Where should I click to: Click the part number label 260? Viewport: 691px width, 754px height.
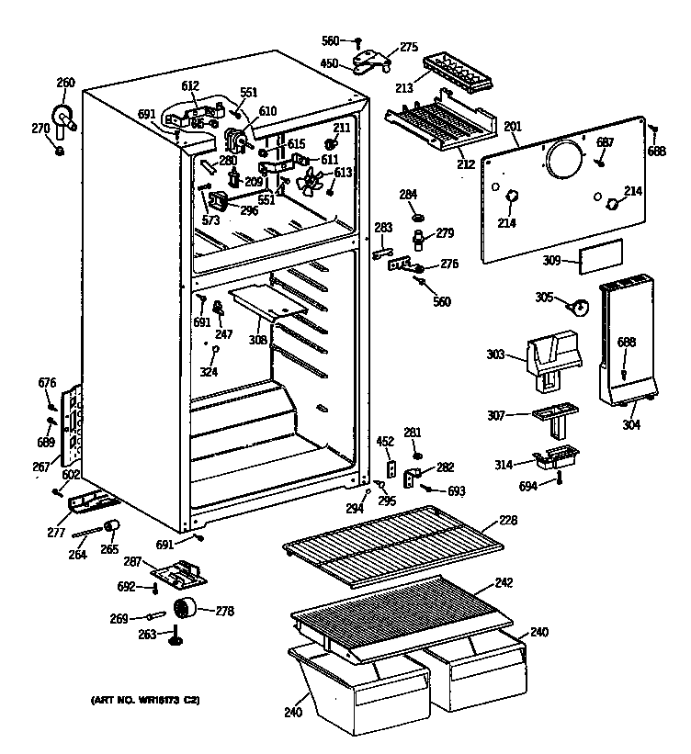tap(65, 83)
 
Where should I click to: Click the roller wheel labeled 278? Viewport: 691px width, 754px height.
tap(189, 608)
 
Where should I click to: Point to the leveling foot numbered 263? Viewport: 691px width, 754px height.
tap(174, 636)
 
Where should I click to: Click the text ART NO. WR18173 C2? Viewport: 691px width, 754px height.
tap(146, 701)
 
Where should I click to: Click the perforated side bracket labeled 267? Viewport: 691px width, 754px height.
tap(71, 424)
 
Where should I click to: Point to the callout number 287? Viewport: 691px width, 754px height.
tap(132, 560)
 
